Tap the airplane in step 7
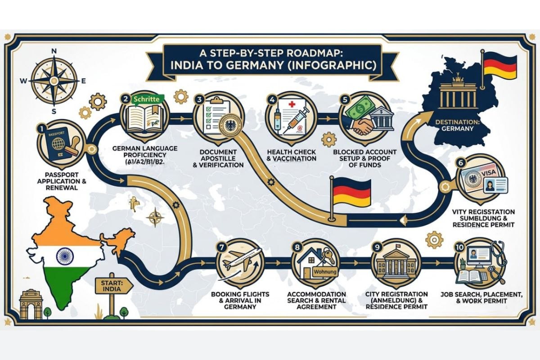pos(237,260)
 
